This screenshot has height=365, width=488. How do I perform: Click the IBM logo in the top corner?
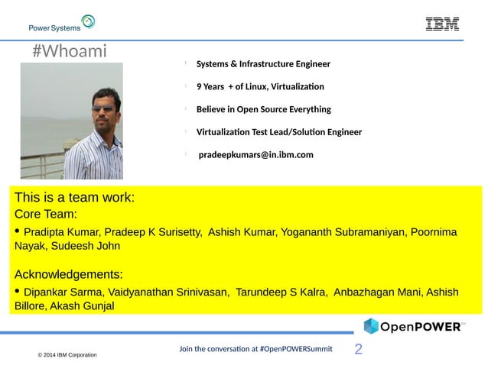[x=442, y=24]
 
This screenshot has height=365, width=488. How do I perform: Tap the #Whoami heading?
[x=70, y=52]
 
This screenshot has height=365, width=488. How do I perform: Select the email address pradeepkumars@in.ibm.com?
[x=255, y=155]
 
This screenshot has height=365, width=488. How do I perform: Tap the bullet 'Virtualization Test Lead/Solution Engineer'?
[x=278, y=132]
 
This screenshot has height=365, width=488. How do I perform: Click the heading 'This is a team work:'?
[x=74, y=198]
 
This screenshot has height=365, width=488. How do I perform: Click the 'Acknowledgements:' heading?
[x=68, y=274]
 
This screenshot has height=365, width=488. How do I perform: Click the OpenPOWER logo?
[x=413, y=327]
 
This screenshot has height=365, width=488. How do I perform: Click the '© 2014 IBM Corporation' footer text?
[x=67, y=356]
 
